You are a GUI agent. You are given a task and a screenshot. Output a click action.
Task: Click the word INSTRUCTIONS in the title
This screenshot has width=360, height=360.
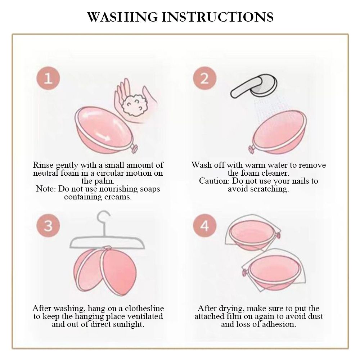pyautogui.click(x=220, y=17)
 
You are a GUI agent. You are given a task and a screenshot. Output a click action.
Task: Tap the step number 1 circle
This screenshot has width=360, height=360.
pyautogui.click(x=48, y=78)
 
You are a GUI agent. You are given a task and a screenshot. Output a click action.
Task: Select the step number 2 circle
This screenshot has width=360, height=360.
pyautogui.click(x=204, y=78)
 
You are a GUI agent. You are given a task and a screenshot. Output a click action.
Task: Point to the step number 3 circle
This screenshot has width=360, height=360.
pyautogui.click(x=48, y=226)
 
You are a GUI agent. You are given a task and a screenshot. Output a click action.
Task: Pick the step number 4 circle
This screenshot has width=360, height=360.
pyautogui.click(x=204, y=226)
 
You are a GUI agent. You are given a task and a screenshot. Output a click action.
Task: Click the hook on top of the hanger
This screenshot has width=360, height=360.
pyautogui.click(x=103, y=218)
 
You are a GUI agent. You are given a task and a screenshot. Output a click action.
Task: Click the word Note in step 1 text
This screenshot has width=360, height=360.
pyautogui.click(x=45, y=189)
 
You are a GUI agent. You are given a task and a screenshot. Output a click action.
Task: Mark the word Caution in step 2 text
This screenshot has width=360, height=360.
pyautogui.click(x=214, y=181)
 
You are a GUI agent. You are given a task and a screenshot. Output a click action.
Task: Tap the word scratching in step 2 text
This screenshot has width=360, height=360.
pyautogui.click(x=271, y=189)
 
